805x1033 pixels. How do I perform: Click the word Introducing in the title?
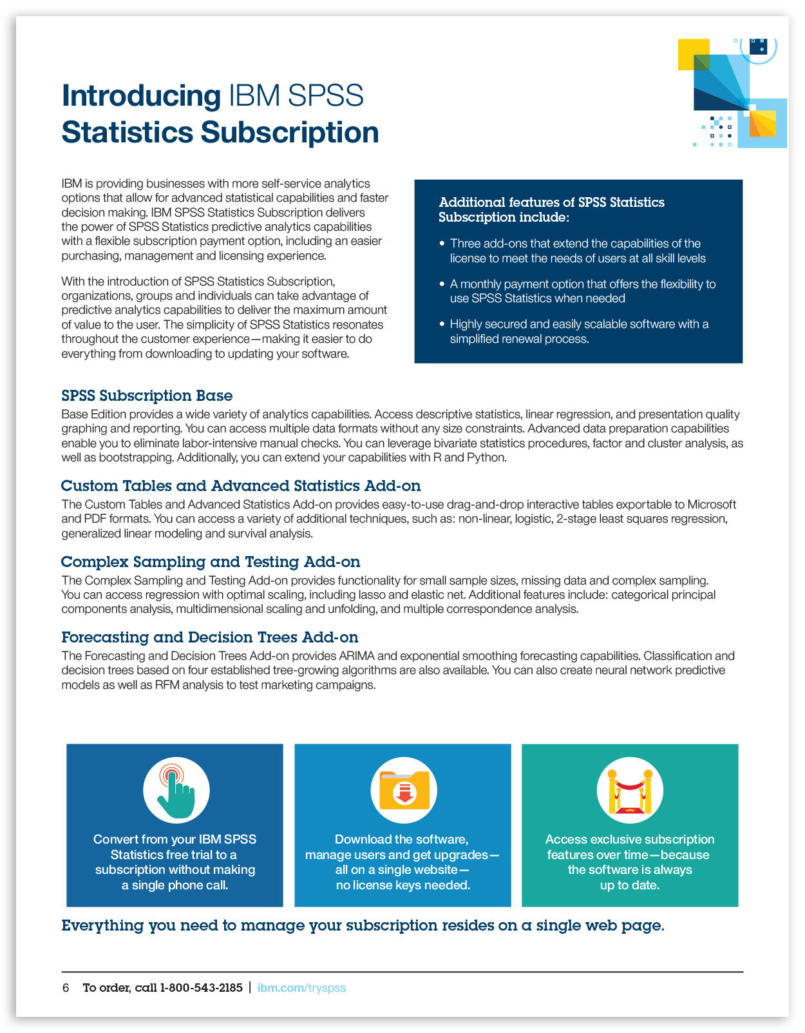141,96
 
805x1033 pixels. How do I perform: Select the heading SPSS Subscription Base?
147,396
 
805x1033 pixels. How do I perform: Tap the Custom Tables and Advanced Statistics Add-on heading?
241,486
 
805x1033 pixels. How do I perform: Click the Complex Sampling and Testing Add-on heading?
211,562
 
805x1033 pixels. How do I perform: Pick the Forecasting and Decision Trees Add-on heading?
210,637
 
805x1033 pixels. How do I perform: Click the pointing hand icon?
176,791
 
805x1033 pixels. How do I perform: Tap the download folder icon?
404,791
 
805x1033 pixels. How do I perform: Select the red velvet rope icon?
630,791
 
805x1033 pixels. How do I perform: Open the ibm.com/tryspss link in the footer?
301,988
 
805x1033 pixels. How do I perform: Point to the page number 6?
66,988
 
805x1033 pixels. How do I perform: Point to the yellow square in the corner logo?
693,54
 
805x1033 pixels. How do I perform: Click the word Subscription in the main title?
290,133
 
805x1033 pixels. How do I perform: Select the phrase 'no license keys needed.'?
403,885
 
